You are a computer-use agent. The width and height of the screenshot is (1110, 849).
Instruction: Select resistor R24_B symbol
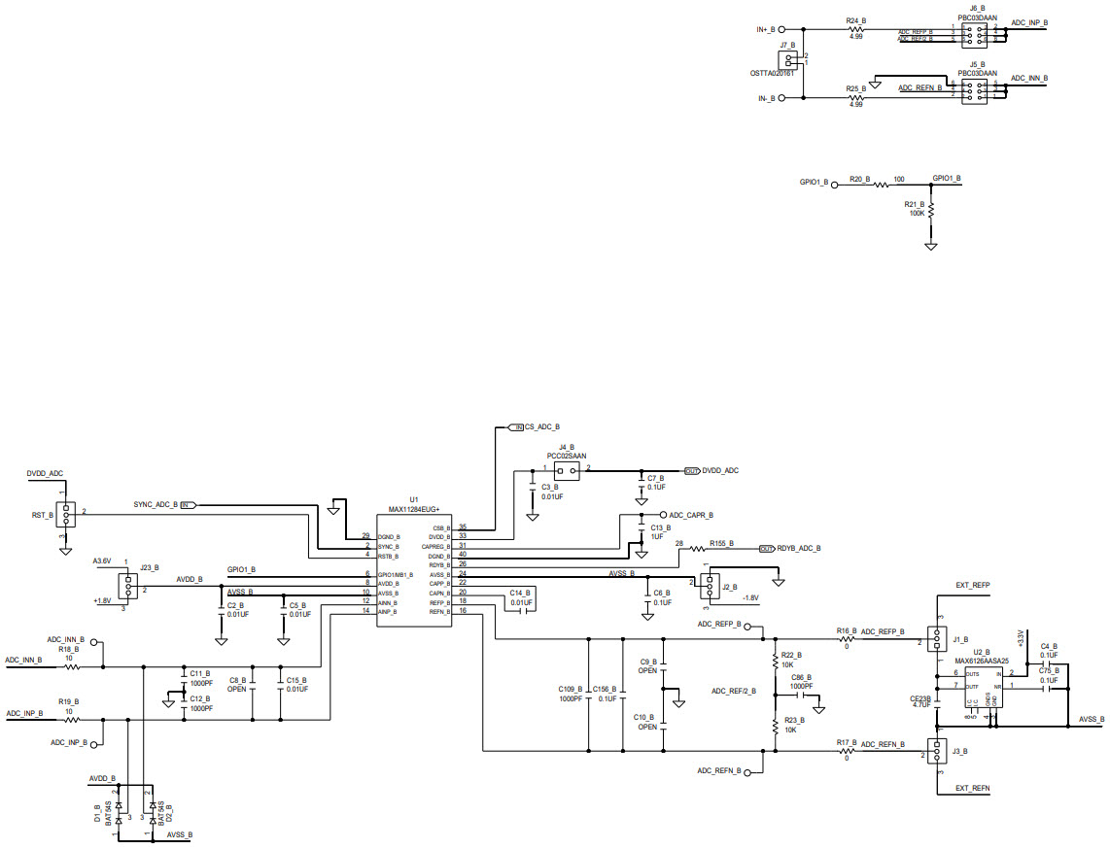click(855, 29)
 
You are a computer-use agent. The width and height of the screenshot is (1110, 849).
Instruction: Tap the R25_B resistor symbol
click(855, 97)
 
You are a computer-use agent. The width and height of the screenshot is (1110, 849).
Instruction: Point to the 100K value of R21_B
click(917, 213)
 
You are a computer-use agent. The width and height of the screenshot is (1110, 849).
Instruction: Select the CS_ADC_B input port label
click(541, 427)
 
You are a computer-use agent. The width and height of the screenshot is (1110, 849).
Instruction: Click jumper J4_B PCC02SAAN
click(566, 470)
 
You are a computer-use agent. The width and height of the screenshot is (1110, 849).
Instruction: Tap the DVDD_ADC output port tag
click(719, 470)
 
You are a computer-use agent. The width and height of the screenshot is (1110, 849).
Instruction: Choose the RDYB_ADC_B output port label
click(798, 549)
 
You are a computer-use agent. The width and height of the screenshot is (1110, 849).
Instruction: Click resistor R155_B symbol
click(698, 549)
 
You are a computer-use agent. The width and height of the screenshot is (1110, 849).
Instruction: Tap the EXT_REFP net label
click(972, 586)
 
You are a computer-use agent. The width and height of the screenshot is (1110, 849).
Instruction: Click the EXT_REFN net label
click(972, 788)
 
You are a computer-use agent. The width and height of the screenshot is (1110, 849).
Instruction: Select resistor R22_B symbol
click(776, 662)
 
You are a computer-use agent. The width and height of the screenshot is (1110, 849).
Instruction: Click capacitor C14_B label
click(520, 592)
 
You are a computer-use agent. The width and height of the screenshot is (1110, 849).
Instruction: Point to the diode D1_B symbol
click(119, 807)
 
